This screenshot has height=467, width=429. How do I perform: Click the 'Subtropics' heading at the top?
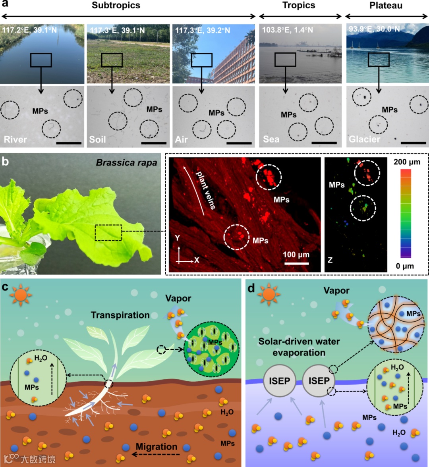(116, 6)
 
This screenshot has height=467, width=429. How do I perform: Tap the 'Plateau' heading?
(386, 6)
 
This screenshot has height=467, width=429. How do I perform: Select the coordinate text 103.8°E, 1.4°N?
(287, 30)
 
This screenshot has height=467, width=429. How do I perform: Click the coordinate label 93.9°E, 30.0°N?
(374, 29)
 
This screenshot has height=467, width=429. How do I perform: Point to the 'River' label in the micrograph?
(15, 139)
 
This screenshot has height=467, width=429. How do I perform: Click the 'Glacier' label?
(364, 139)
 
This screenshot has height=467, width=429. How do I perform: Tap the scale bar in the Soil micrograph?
(154, 143)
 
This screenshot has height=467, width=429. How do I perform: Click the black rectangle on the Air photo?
(202, 60)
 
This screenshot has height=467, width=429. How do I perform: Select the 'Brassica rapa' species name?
(126, 163)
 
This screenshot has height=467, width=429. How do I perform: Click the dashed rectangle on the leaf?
(108, 232)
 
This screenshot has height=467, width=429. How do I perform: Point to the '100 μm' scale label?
(296, 255)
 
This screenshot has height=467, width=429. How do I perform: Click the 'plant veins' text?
(206, 190)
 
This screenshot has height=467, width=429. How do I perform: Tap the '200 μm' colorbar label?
(407, 162)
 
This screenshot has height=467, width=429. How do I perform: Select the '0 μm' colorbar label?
(405, 266)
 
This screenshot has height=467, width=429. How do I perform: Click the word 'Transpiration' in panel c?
(120, 315)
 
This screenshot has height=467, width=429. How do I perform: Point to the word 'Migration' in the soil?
(157, 447)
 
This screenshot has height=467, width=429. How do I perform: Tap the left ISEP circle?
(280, 381)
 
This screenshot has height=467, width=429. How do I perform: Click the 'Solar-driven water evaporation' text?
(299, 347)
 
